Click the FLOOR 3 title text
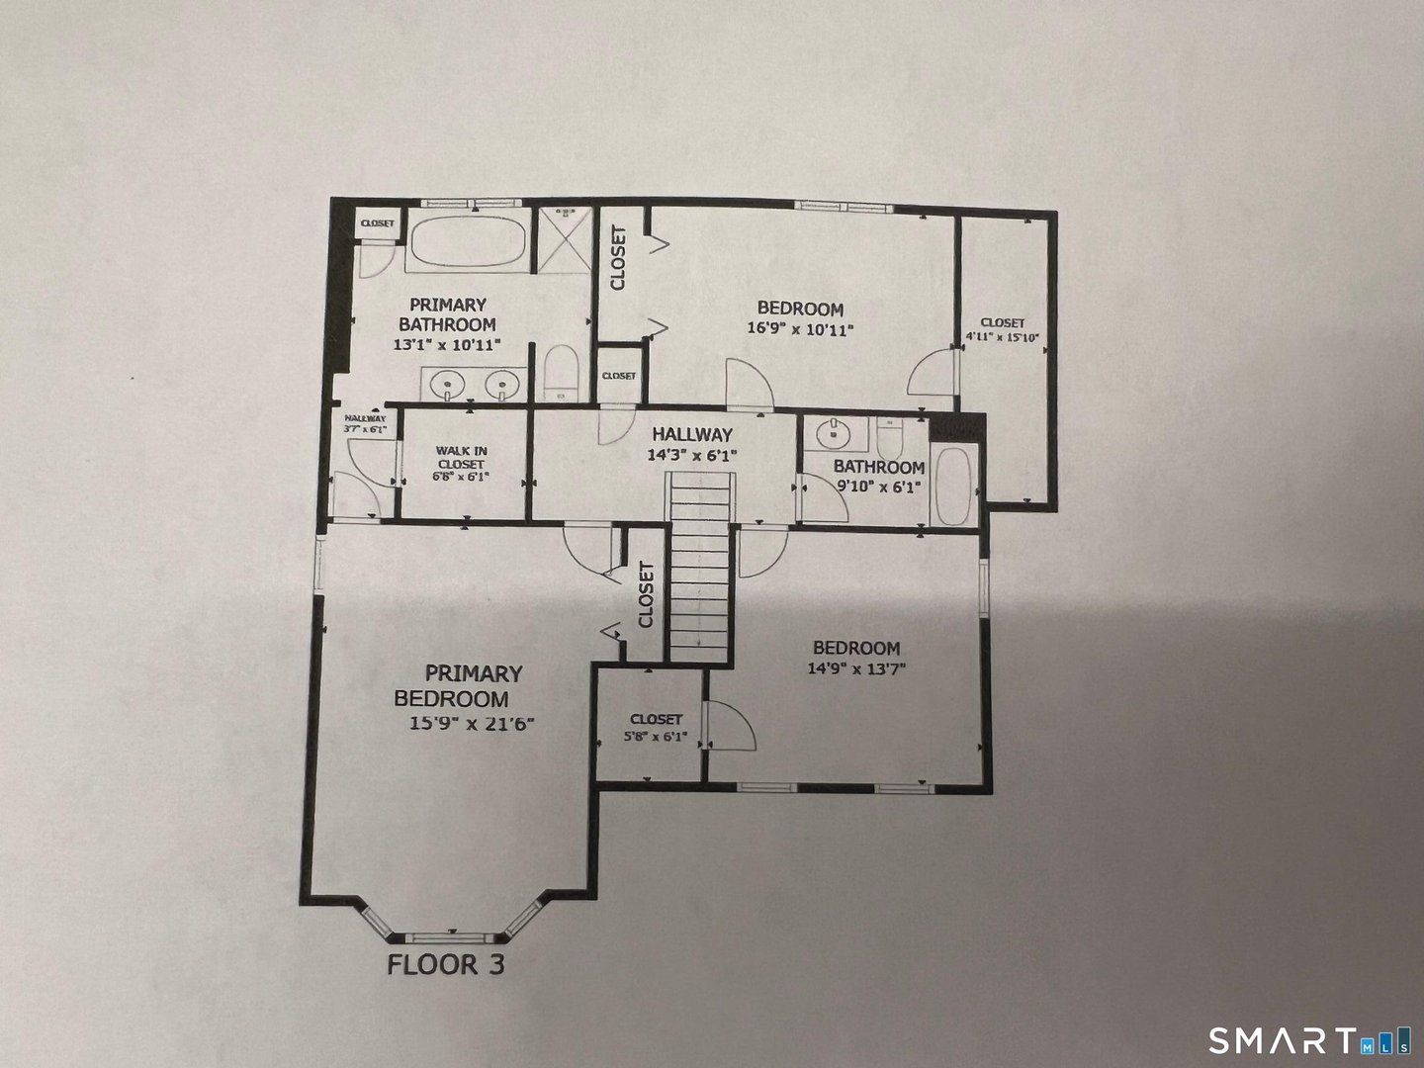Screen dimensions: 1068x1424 [x=445, y=964]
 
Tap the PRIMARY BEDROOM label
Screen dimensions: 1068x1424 [x=459, y=685]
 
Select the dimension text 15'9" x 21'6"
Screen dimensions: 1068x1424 [x=472, y=723]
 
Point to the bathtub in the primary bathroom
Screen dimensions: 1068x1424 [x=467, y=241]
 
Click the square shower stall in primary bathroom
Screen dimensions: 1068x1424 [x=563, y=241]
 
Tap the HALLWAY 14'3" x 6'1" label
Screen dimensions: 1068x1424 [x=691, y=444]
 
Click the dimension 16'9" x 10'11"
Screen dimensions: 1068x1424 [x=800, y=329]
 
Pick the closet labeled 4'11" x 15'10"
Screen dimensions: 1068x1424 [x=1002, y=329]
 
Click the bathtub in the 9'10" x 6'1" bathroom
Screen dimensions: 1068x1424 [x=954, y=488]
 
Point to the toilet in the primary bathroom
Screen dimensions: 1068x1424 [x=561, y=374]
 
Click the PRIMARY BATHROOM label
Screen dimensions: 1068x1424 [x=447, y=314]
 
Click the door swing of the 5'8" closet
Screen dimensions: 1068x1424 [x=730, y=726]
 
